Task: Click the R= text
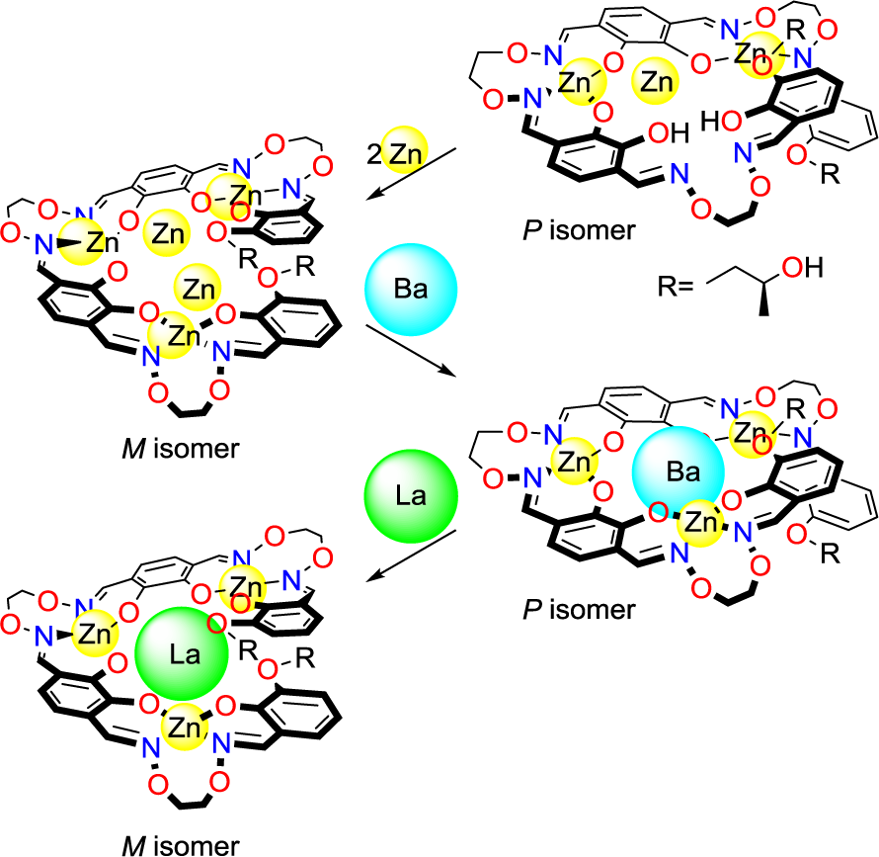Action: [x=677, y=288]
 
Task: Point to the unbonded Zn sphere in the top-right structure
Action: [x=657, y=83]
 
